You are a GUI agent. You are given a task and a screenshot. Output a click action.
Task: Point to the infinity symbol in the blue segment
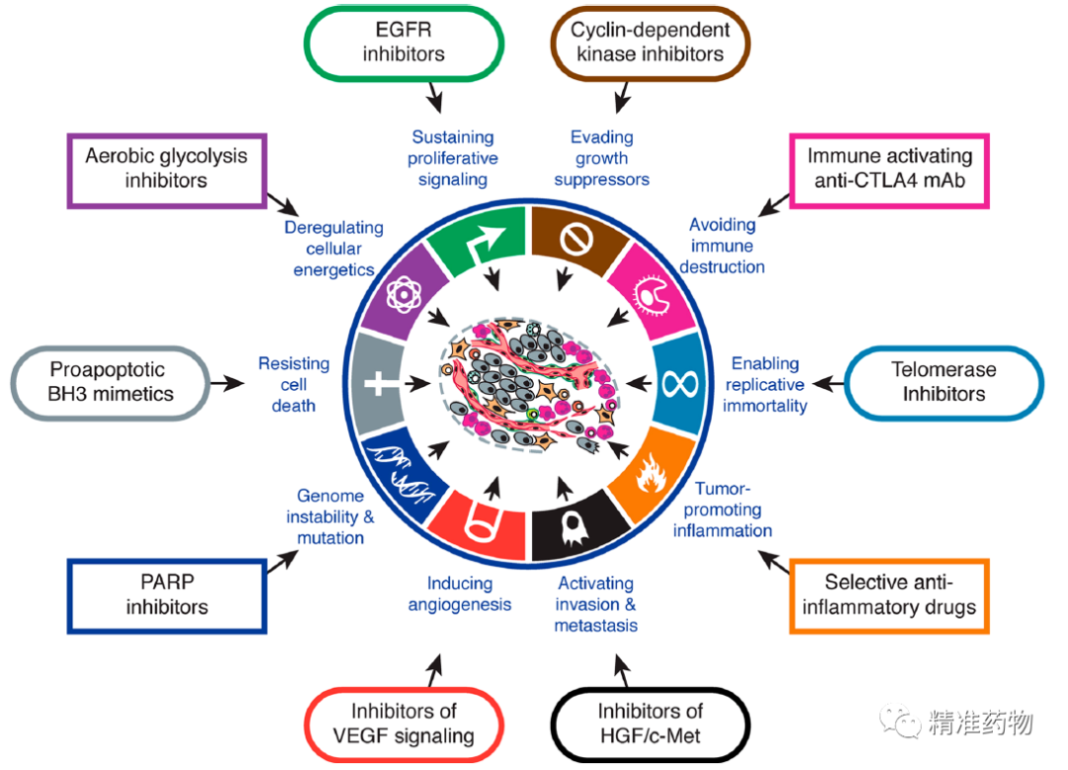point(679,384)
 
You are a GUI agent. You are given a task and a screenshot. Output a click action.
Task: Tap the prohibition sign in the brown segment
point(577,240)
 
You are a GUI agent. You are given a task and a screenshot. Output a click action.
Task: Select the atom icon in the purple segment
point(403,294)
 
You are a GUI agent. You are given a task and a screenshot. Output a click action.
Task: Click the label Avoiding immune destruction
point(722,245)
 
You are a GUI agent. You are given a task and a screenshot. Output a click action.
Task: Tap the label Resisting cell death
point(294,384)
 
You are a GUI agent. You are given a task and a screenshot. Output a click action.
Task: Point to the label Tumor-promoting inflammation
point(723,509)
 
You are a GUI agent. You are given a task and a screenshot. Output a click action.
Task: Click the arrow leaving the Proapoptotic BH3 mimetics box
point(226,384)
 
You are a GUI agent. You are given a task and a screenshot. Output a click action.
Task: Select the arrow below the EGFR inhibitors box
point(434,97)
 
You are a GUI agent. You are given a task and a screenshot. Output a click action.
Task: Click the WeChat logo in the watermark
point(901,721)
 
